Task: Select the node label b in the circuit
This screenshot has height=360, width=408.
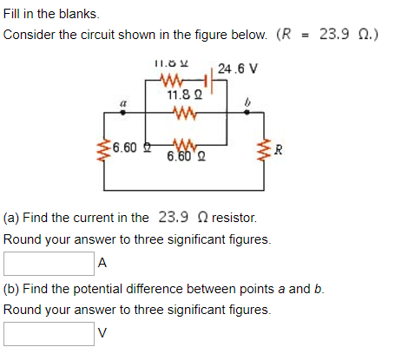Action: (247, 103)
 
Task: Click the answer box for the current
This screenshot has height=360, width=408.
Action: (49, 261)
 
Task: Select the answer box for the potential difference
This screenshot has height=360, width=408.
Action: (49, 332)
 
